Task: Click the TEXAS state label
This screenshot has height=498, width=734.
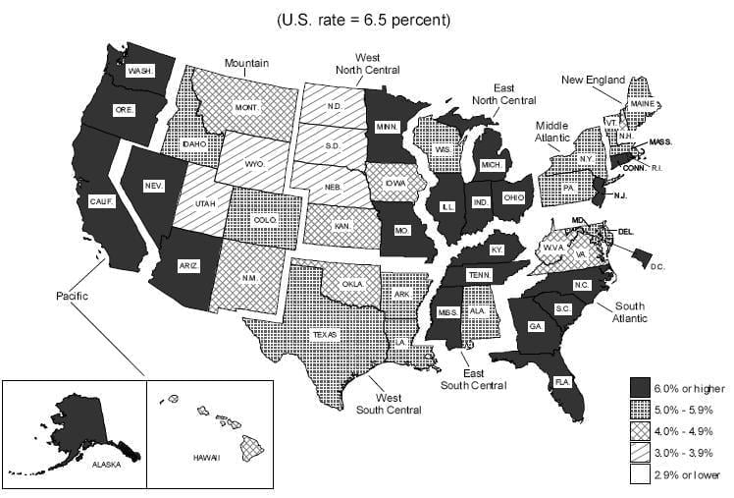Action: pos(325,334)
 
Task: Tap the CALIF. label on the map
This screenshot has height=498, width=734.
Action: pos(103,201)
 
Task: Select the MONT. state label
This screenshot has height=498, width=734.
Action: pos(245,107)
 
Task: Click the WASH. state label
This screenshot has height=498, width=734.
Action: pos(139,71)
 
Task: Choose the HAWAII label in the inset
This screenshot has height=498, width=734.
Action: pos(207,458)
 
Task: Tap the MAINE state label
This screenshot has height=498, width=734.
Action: pos(644,103)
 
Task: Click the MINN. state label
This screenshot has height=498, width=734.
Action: pos(385,127)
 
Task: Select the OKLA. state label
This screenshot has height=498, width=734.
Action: pos(352,284)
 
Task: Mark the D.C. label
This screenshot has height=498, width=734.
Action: pos(657,266)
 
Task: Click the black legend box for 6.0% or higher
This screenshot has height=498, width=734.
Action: pos(640,389)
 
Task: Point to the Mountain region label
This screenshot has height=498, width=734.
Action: pos(246,63)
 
